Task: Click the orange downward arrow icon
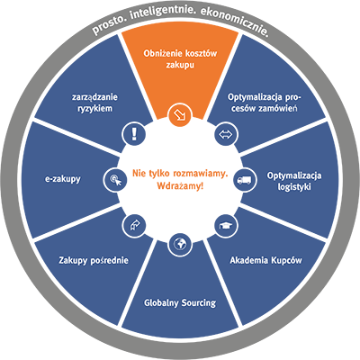(x=180, y=114)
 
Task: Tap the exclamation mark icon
(x=134, y=134)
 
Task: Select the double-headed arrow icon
(x=226, y=134)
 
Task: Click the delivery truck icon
(x=245, y=180)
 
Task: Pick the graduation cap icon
(x=226, y=226)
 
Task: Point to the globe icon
(x=180, y=245)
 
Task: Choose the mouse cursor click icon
(x=115, y=180)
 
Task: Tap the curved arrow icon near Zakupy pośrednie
(x=134, y=226)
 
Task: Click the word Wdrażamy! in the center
(x=180, y=186)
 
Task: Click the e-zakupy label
(x=63, y=179)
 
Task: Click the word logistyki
(x=294, y=187)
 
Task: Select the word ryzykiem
(x=94, y=109)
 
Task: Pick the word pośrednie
(x=109, y=260)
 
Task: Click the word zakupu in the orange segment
(x=180, y=65)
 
